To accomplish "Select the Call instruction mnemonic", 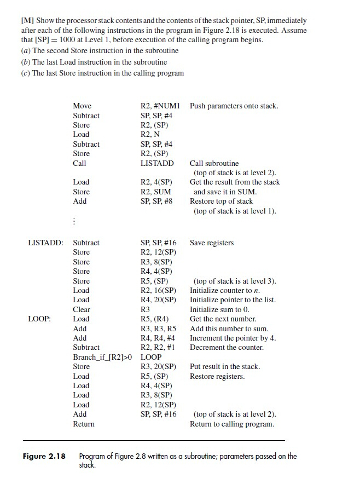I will pos(79,163).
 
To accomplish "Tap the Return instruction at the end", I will pos(84,424).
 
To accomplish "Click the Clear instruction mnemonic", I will pos(82,309).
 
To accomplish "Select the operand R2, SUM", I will pos(156,192).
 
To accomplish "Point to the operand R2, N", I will pos(150,134).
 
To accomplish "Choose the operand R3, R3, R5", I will pos(159,329).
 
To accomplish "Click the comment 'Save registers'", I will pos(212,243).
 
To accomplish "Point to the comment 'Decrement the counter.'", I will pos(227,347).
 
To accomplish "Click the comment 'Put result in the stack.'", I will pos(225,366).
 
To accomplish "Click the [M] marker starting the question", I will pos(27,21).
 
